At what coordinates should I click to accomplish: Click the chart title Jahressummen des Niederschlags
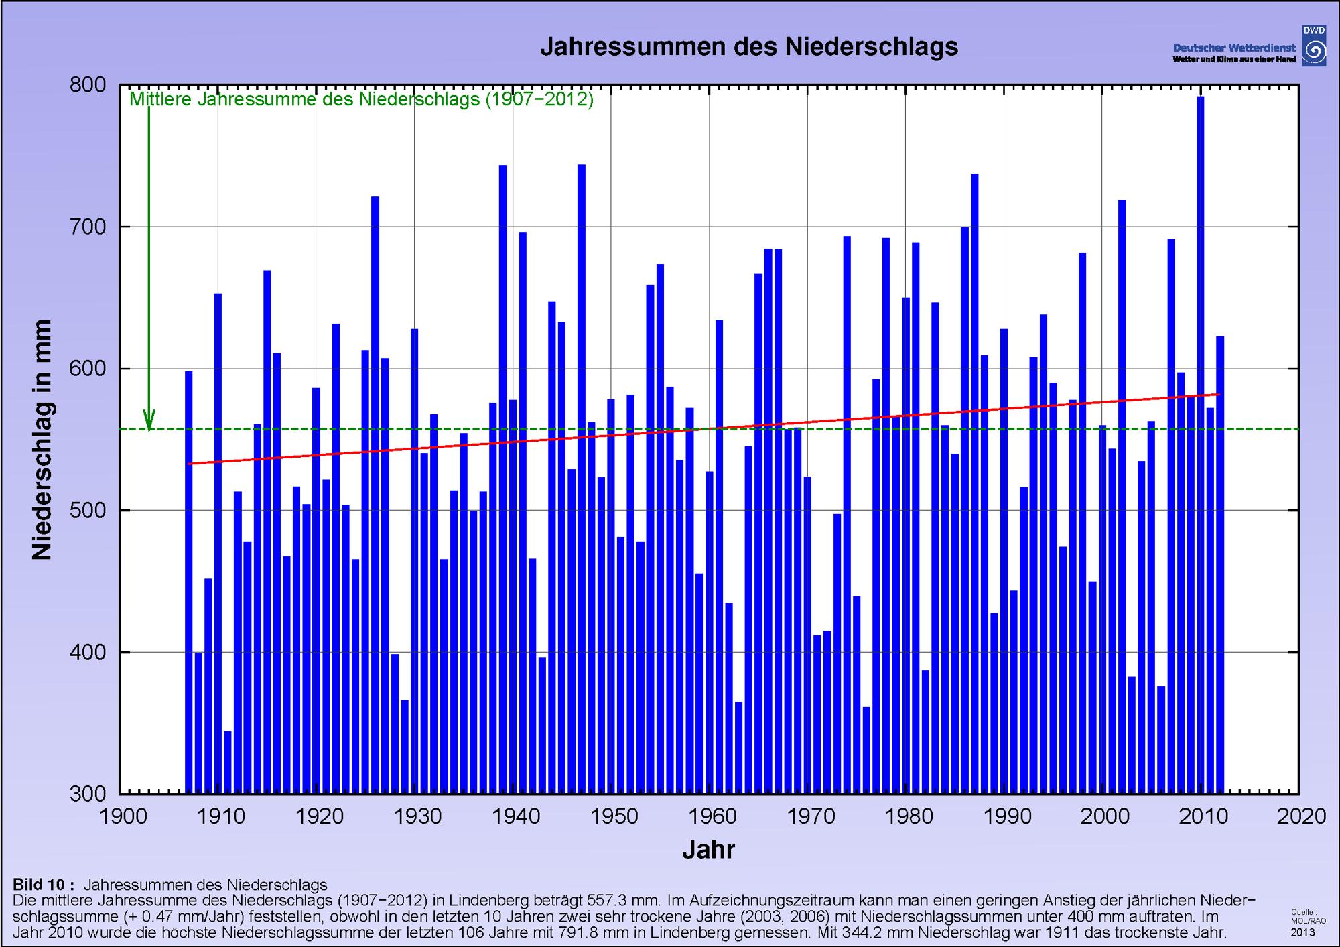coord(749,47)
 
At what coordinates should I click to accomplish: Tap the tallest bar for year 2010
coord(1200,442)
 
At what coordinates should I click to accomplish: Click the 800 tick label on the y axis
coord(88,85)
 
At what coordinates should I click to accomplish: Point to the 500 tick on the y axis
coord(88,511)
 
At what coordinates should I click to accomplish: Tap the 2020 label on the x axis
coord(1299,816)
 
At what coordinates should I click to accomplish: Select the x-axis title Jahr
coord(708,850)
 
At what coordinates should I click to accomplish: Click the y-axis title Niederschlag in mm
coord(42,440)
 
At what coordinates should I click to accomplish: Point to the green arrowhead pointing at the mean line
coord(149,421)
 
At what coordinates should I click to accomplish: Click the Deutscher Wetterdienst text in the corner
coord(1233,48)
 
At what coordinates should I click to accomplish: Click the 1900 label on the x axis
coord(123,816)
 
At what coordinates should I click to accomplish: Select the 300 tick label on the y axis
coord(88,794)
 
